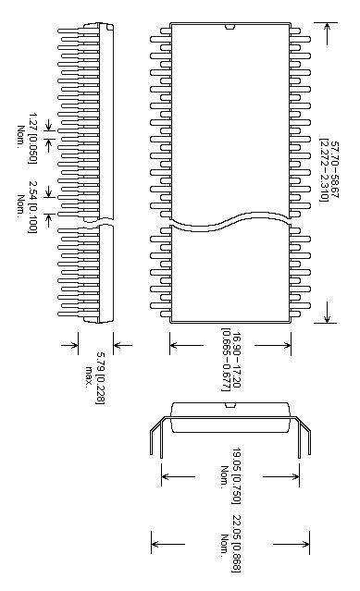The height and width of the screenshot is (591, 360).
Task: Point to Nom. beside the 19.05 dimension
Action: click(x=224, y=476)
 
